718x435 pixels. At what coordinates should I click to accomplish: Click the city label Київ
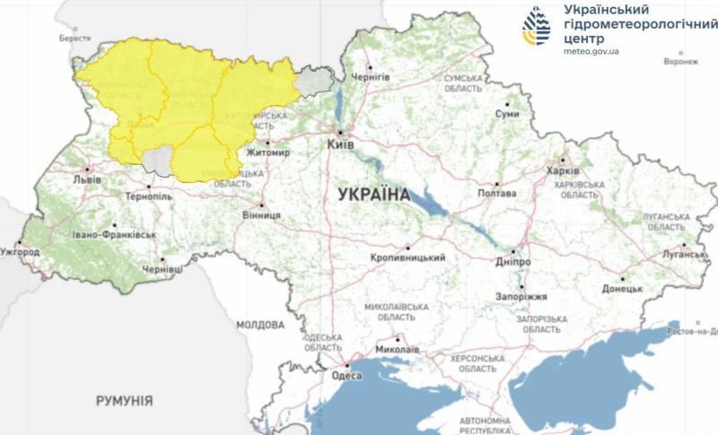click(341, 144)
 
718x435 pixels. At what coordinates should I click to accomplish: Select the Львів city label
click(88, 178)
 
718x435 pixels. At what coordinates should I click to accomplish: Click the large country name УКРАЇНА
click(374, 194)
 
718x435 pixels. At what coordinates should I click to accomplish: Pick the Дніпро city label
click(512, 261)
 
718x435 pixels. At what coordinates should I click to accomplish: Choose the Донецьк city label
click(622, 289)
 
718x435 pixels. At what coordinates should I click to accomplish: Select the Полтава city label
click(498, 193)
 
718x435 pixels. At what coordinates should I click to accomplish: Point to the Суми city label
click(508, 115)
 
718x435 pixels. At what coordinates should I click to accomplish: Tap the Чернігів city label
click(371, 77)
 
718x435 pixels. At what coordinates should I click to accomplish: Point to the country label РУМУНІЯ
click(124, 400)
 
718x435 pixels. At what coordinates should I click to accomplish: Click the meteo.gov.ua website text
click(591, 51)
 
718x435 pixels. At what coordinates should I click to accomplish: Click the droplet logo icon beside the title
click(538, 28)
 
